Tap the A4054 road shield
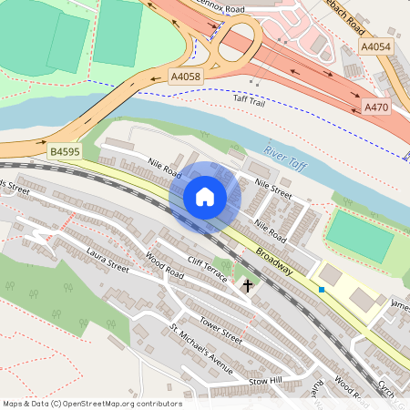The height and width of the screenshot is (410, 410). tap(375, 46)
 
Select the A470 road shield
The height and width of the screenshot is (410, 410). tap(376, 107)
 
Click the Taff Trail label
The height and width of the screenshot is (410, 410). tap(248, 103)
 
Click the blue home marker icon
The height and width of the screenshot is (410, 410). tap(205, 197)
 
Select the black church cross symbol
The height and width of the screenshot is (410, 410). tap(246, 286)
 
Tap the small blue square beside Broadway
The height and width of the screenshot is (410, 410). tap(322, 290)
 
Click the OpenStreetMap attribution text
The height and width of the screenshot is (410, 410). tap(92, 404)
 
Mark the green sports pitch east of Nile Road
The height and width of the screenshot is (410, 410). tap(360, 234)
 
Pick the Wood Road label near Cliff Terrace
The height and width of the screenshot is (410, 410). tap(164, 271)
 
